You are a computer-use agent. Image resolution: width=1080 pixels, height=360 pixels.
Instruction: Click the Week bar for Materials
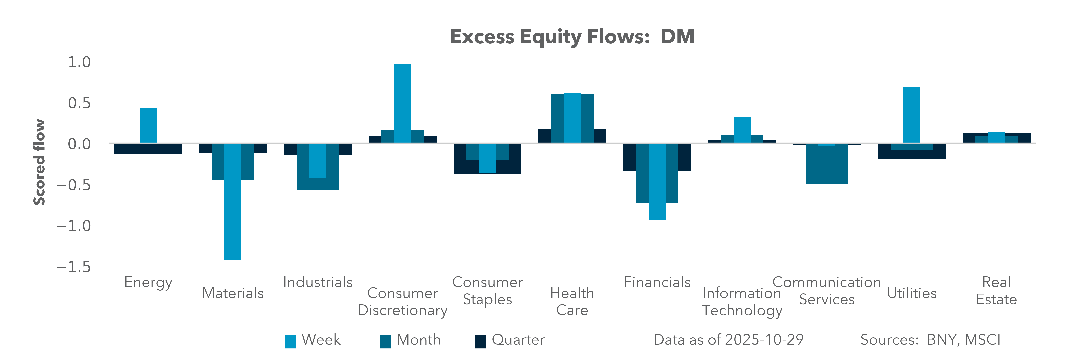pos(233,201)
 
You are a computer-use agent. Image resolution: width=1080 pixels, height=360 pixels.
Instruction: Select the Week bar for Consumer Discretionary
pos(402,103)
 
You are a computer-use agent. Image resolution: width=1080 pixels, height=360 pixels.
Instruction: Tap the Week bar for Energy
pos(148,125)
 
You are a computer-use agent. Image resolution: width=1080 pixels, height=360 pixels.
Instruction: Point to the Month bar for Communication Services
pos(827,166)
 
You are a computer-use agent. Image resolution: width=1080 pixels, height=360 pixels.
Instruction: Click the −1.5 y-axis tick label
pos(74,267)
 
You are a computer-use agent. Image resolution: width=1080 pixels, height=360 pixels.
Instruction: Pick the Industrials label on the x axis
pos(318,282)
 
